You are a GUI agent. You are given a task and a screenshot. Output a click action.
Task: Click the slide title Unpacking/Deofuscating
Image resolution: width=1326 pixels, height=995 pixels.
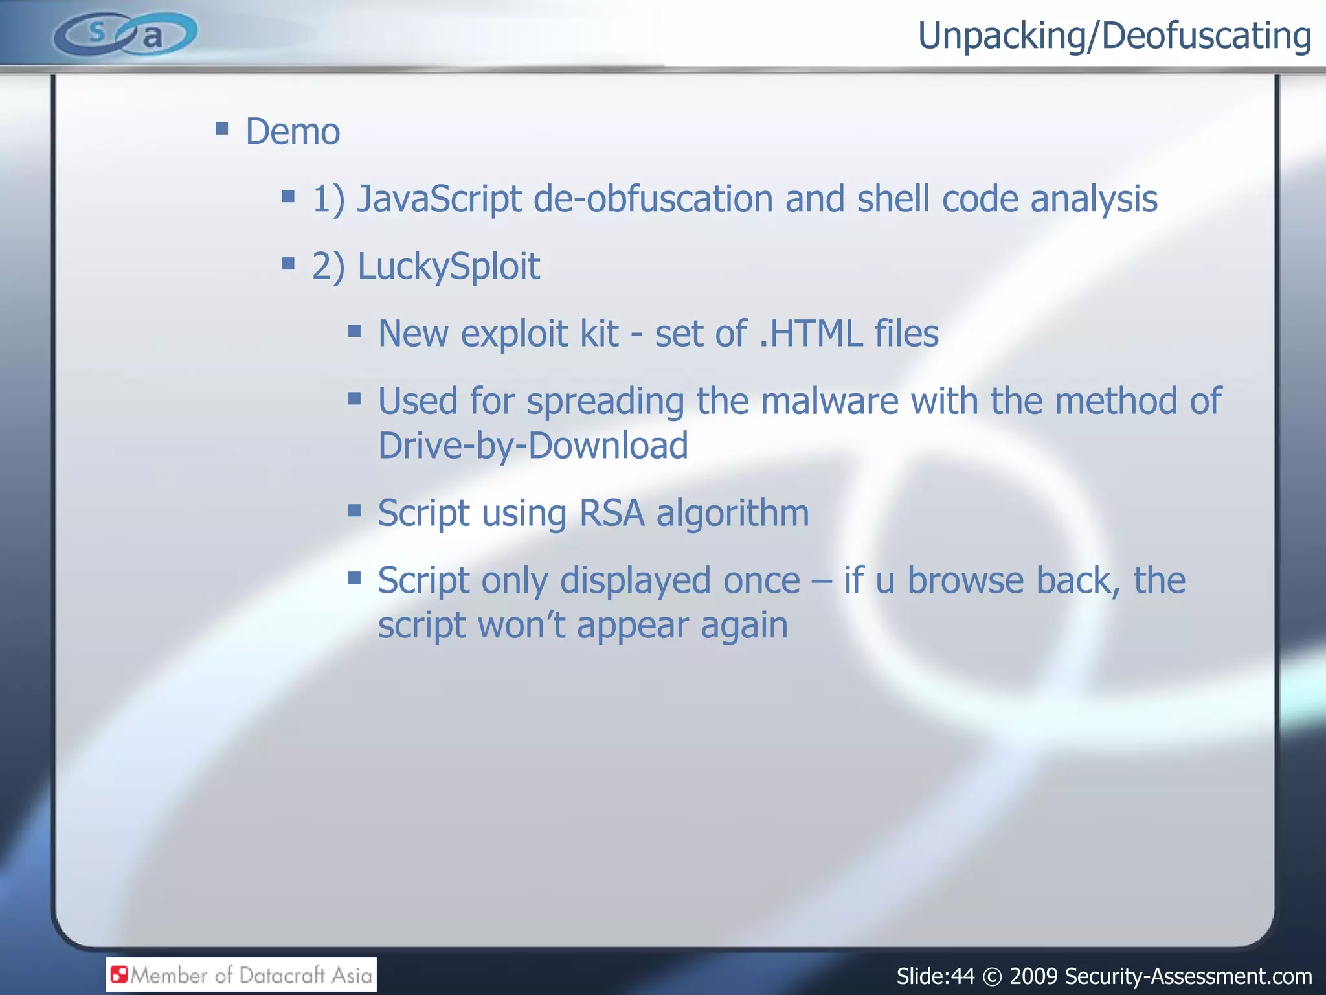click(1114, 36)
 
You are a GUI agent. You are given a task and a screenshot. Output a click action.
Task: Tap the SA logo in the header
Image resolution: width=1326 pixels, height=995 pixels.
click(126, 34)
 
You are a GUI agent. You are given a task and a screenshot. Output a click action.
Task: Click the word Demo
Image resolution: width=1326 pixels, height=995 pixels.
click(293, 132)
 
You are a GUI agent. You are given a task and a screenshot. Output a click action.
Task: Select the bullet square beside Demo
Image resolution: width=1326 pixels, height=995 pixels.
click(222, 128)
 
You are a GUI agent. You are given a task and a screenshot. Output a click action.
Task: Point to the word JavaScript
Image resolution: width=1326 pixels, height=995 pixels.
click(439, 199)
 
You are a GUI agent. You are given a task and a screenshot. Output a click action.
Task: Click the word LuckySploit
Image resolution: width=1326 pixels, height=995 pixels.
click(448, 266)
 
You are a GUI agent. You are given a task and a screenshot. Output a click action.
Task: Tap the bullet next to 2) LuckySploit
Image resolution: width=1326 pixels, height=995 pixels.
click(289, 263)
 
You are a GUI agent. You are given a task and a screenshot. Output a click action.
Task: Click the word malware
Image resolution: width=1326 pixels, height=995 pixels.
click(829, 401)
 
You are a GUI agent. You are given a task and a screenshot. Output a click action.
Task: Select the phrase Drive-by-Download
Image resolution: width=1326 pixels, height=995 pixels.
click(532, 446)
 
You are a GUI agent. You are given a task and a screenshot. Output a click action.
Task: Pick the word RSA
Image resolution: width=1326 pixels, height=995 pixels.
click(611, 513)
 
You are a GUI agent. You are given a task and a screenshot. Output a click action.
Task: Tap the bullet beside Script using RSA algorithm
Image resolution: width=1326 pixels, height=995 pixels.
click(354, 510)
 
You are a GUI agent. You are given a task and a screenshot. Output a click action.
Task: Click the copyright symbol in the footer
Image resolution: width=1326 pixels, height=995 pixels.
click(991, 976)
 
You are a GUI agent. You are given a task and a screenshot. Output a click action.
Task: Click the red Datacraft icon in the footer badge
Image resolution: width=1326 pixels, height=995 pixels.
click(119, 974)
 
